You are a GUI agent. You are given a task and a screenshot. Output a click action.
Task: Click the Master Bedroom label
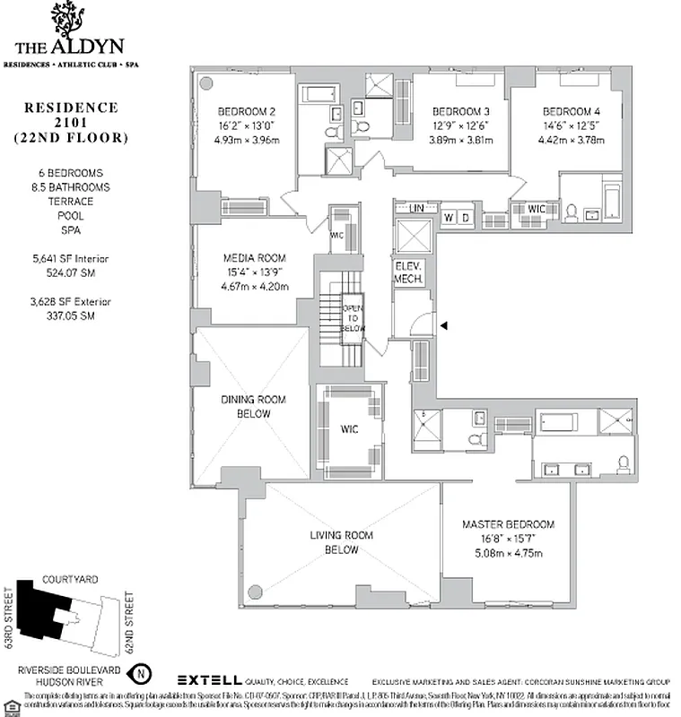pos(508,524)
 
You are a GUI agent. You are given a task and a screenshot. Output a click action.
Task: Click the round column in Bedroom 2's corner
pos(205,82)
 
